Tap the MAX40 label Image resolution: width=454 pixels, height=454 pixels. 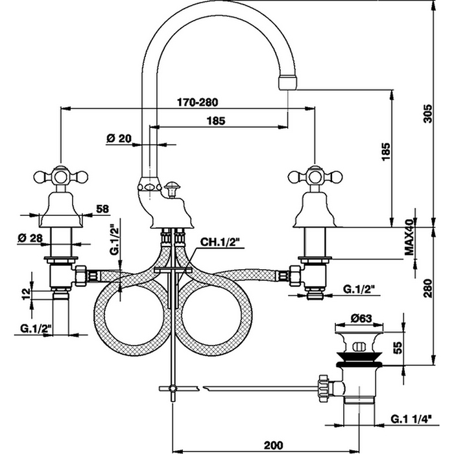click(x=409, y=237)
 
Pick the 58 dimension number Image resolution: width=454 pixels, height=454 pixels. click(x=102, y=209)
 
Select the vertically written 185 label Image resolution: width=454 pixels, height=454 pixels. click(x=383, y=153)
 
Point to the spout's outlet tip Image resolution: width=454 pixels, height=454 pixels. click(x=286, y=82)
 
